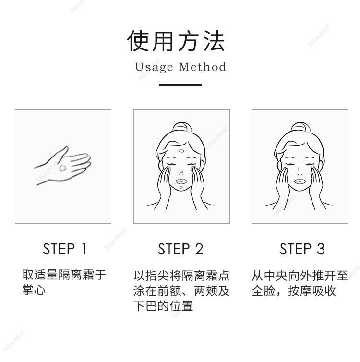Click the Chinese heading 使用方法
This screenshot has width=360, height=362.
[176, 41]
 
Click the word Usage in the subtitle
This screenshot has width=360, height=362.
[154, 67]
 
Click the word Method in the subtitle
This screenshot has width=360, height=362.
[203, 67]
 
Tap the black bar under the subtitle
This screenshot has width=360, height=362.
[180, 85]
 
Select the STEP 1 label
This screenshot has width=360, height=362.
[65, 249]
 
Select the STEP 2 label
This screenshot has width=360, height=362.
[180, 249]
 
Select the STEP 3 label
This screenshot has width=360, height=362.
[302, 249]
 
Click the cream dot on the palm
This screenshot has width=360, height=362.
[62, 168]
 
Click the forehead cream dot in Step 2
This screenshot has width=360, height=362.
[181, 151]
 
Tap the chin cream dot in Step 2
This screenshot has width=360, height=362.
[181, 187]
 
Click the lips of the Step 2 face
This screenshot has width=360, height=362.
[181, 181]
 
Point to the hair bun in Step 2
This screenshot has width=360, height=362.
[182, 127]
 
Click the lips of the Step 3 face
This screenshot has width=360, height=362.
[300, 181]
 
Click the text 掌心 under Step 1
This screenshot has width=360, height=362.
[34, 290]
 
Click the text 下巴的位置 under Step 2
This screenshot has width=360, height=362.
[163, 306]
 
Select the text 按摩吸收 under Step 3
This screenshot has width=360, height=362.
[312, 290]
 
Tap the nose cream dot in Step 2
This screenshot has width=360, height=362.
[181, 172]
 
